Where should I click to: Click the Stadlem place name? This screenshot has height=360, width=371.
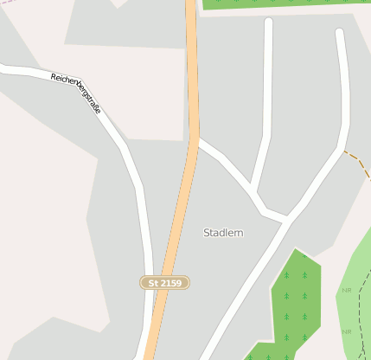[223, 233]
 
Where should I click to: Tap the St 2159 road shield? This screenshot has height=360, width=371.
[164, 283]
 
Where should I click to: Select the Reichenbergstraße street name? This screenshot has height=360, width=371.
[75, 90]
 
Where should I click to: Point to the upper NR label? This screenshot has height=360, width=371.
[347, 290]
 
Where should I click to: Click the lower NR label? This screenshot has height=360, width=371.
[347, 331]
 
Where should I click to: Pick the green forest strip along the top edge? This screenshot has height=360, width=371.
[285, 4]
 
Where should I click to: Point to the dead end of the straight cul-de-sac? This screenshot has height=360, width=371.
[268, 22]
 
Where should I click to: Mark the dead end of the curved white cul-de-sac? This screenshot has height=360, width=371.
[340, 33]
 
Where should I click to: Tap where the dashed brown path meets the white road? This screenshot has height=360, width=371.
[343, 151]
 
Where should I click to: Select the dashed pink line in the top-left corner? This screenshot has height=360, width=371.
[9, 3]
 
